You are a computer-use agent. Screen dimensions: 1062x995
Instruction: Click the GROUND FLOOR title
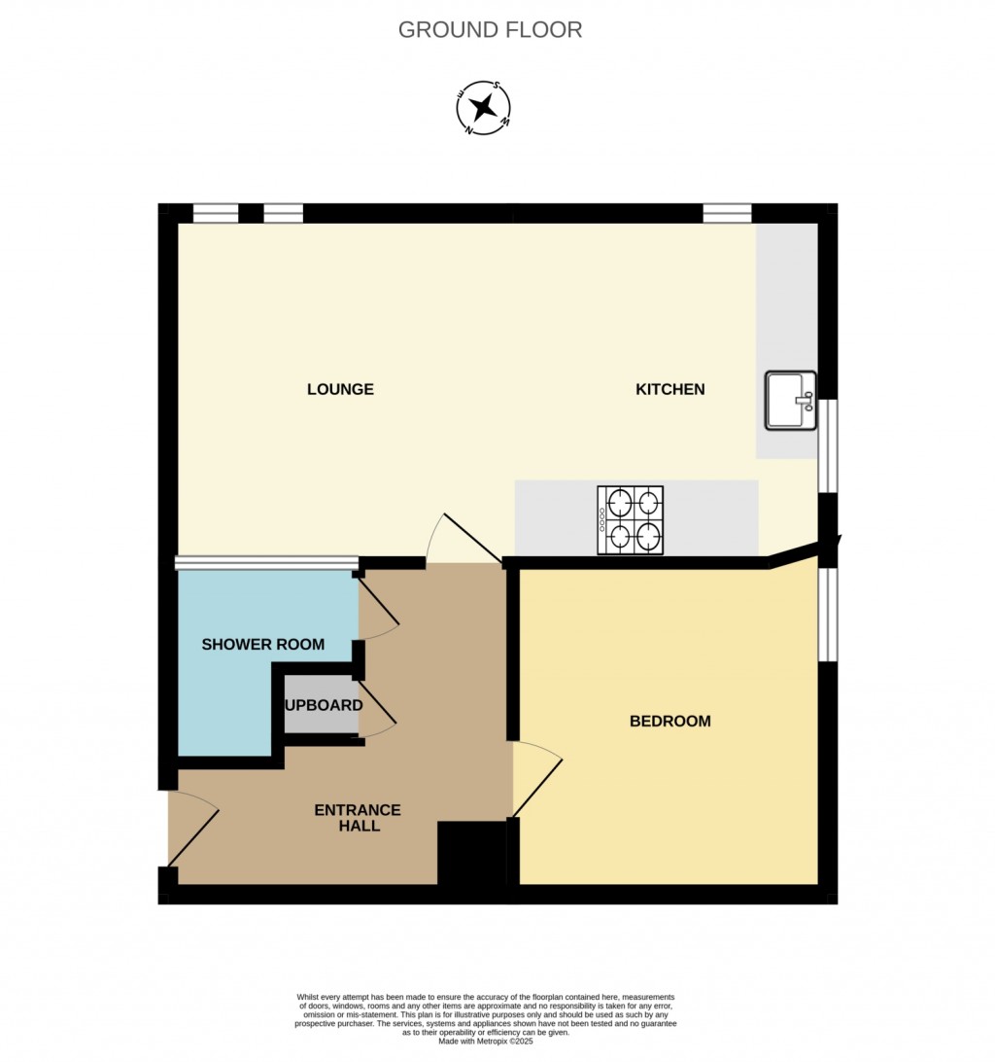(490, 29)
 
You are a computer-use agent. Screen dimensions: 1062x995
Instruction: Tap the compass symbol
(484, 108)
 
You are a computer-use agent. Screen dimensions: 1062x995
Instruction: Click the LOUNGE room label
(340, 389)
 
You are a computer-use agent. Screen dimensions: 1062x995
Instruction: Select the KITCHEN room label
(669, 389)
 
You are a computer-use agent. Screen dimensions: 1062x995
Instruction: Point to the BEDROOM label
(669, 721)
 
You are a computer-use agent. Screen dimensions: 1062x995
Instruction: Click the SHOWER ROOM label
(262, 644)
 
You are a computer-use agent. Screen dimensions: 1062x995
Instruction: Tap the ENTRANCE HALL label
(358, 818)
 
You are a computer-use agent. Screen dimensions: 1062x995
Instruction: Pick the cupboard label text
(324, 705)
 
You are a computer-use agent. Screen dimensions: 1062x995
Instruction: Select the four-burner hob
(630, 520)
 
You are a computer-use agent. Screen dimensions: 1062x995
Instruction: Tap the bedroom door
(536, 778)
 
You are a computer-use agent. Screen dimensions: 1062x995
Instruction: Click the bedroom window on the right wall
(827, 614)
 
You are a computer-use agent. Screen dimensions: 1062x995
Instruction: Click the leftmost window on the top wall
(215, 213)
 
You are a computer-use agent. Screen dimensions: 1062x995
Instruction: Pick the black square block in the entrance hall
(471, 853)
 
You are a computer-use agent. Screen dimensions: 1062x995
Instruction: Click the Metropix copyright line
(486, 1041)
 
